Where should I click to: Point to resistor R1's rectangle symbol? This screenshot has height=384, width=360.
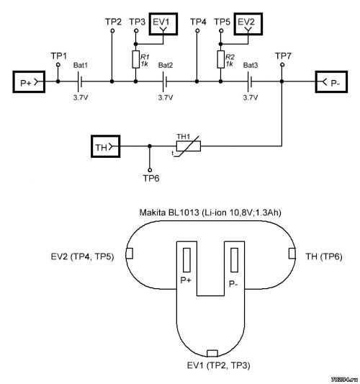[136, 59]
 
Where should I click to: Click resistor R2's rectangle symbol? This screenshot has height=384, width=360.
[221, 59]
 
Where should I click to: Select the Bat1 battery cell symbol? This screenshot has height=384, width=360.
[80, 81]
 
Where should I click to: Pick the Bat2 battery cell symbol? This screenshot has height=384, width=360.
[165, 81]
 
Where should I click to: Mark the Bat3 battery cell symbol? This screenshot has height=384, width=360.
[250, 81]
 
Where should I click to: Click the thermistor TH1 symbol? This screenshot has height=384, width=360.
[189, 146]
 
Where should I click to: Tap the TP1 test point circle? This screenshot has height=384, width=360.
[58, 65]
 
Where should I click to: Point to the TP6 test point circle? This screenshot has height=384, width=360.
[150, 170]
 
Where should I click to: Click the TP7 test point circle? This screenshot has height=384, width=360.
[282, 65]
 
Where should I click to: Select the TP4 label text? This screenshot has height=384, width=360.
[198, 22]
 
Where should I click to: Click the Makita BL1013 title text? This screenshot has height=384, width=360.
[210, 213]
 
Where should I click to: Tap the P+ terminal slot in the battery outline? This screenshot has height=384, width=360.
[186, 260]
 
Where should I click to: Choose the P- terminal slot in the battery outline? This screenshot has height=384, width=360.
[235, 260]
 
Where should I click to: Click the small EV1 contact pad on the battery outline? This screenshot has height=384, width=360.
[212, 354]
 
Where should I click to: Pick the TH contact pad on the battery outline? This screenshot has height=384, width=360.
[292, 254]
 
